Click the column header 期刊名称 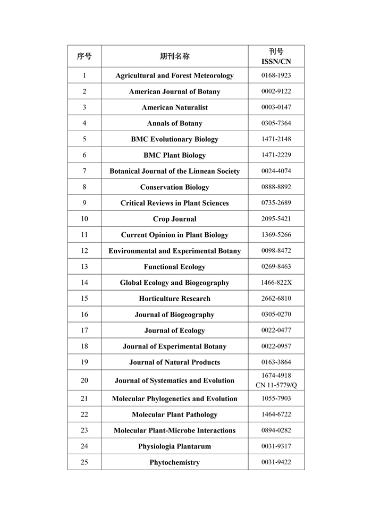click(174, 56)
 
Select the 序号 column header click(84, 56)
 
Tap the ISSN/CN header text click(276, 62)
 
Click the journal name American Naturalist click(174, 107)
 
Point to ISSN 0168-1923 click(276, 75)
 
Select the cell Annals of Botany click(174, 123)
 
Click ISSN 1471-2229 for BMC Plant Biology click(276, 155)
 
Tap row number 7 click(84, 171)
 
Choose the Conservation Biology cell click(174, 187)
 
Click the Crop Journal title click(174, 219)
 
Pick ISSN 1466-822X click(276, 283)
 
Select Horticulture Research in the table click(174, 299)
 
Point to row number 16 click(84, 315)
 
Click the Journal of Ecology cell click(174, 330)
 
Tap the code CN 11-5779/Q click(276, 385)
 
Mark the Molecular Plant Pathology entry click(174, 414)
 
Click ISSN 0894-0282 click(276, 430)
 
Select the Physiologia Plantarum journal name click(174, 446)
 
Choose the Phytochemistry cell click(174, 462)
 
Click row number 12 click(84, 251)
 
